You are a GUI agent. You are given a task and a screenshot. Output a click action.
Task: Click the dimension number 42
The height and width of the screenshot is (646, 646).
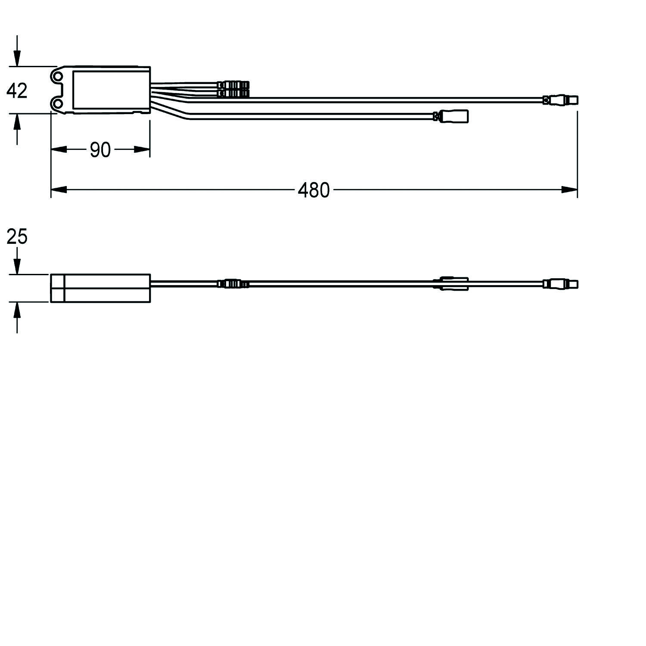17,91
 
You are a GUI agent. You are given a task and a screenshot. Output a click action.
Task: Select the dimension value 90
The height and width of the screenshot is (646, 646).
100,150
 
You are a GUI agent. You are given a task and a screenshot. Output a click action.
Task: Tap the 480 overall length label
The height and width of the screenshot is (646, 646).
314,190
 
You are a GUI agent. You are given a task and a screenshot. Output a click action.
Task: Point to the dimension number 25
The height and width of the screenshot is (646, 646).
17,237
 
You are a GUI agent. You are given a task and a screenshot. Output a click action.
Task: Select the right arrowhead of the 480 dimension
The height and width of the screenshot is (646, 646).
569,190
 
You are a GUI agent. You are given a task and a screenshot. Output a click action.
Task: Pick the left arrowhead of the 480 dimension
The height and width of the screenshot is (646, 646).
59,190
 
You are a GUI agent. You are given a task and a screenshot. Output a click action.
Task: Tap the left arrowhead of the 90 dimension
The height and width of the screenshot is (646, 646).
59,149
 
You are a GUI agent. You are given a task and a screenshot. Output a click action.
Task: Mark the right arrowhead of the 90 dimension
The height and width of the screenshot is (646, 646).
142,149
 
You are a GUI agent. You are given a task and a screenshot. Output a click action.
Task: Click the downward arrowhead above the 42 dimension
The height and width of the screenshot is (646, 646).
17,58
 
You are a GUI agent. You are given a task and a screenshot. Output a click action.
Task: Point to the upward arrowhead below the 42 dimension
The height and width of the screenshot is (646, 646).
17,122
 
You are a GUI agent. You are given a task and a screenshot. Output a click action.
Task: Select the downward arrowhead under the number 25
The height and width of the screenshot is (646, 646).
17,266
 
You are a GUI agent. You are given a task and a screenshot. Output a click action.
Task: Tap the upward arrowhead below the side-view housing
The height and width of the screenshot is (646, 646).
17,310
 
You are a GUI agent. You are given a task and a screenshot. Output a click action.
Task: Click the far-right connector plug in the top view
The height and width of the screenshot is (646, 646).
560,101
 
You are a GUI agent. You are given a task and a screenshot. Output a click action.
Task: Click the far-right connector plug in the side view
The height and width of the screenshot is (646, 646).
560,284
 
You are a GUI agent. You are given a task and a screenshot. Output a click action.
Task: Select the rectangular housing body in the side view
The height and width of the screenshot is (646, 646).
100,288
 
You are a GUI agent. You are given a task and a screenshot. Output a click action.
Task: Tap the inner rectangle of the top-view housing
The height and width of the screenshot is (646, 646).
111,90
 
